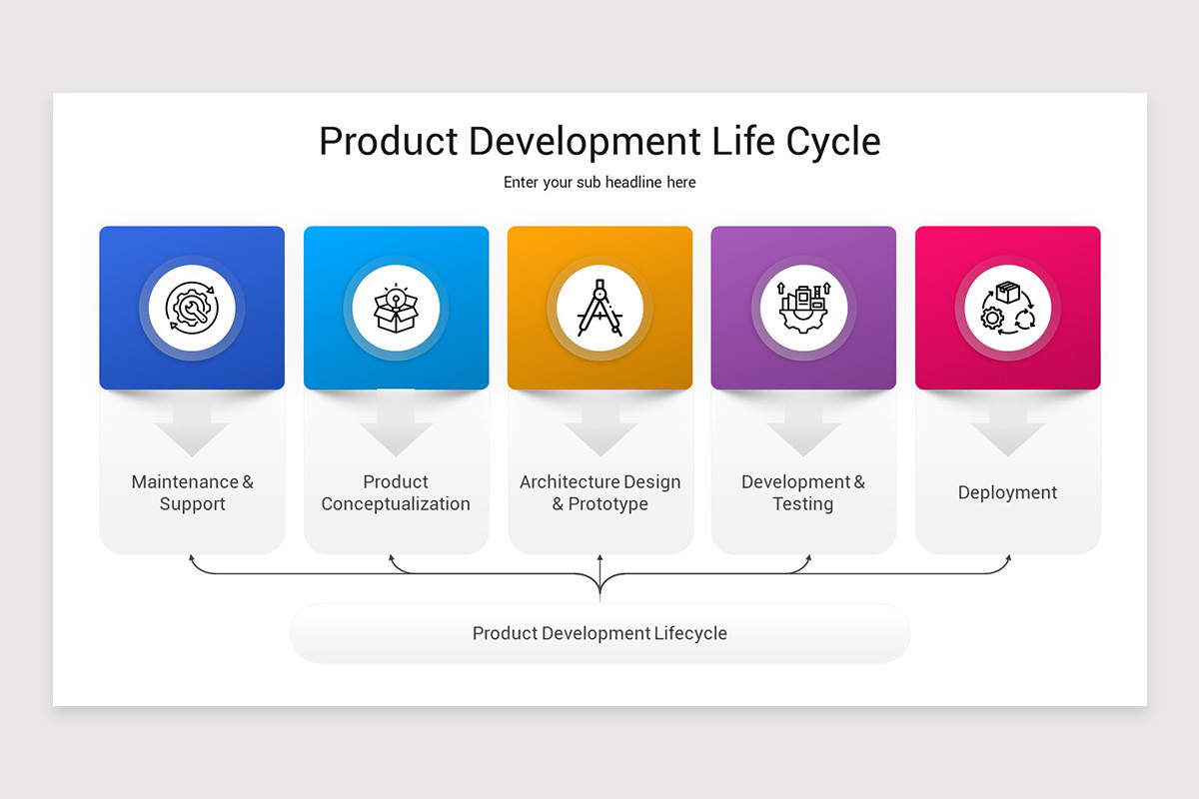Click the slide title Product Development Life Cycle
coord(599,141)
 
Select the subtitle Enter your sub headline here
coord(599,183)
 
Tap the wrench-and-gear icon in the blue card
coord(192,308)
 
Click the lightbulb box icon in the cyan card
coord(396,308)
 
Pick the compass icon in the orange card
coord(599,308)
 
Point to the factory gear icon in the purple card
coord(803,308)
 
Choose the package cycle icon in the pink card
coord(1007,308)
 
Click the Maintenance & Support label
coord(192,493)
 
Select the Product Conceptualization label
coord(396,493)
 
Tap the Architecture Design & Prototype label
coord(599,493)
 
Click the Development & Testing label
coord(803,493)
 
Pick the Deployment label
coord(1007,492)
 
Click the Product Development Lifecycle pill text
coord(599,633)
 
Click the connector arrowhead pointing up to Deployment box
coord(1008,558)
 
